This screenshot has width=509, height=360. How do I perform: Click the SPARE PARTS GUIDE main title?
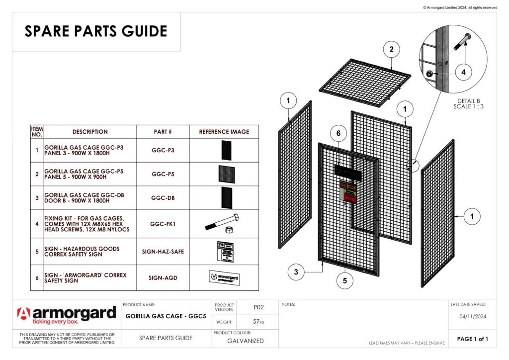96,31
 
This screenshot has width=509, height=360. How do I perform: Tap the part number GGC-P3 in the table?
163,150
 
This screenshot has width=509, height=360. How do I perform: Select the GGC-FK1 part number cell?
163,224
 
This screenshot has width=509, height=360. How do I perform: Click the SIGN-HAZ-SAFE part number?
163,252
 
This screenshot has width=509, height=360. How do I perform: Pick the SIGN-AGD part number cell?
163,278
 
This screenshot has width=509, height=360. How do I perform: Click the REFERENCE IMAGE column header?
224,132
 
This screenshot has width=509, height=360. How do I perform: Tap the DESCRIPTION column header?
90,132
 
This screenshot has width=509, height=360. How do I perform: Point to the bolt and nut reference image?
223,223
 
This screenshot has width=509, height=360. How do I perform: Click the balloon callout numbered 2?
392,49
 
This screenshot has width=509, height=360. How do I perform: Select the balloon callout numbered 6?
339,133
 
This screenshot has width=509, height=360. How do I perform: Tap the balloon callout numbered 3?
296,272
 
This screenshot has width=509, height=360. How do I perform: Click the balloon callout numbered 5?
344,280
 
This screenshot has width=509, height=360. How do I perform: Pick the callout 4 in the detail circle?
463,72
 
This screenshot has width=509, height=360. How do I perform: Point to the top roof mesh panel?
365,82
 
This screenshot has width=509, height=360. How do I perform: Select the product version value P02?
258,308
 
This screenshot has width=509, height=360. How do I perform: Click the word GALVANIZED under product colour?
246,341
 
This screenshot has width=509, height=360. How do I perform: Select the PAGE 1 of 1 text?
472,339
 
